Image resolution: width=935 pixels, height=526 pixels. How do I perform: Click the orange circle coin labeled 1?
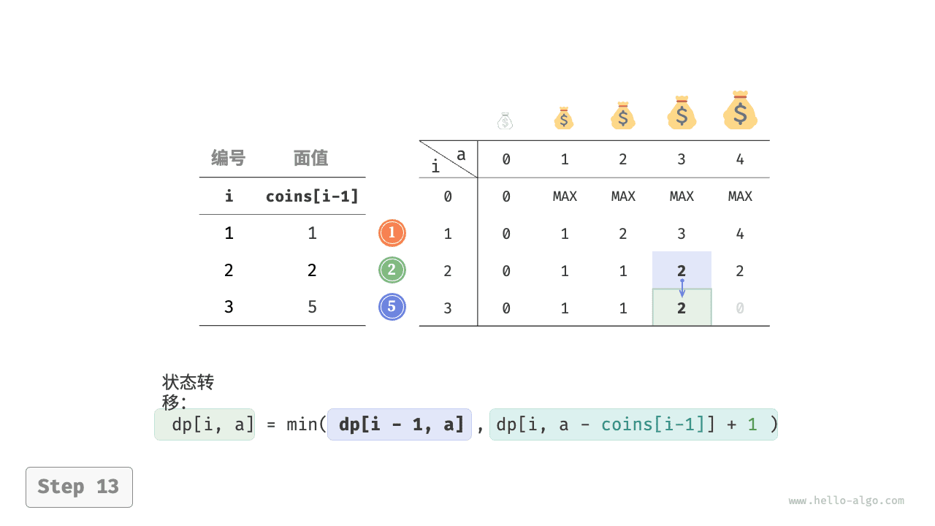[392, 233]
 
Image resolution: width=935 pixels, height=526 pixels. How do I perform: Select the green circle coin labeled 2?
[392, 270]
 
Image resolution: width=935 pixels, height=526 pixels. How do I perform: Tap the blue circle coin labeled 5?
[392, 307]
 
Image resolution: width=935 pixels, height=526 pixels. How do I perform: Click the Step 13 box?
[79, 487]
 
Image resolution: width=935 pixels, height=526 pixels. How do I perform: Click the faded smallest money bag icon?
[505, 121]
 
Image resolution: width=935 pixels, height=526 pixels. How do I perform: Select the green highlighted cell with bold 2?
[682, 308]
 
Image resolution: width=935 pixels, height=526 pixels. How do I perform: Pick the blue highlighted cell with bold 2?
[682, 270]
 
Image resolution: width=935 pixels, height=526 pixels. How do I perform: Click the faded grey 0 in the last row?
[740, 308]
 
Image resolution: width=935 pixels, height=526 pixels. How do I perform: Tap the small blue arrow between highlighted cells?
[682, 288]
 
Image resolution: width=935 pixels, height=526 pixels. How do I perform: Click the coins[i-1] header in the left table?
[312, 196]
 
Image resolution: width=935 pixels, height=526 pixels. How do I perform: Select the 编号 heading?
[229, 158]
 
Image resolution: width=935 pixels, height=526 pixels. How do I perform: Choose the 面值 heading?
[311, 158]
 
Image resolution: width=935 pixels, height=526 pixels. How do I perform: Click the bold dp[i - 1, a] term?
[400, 424]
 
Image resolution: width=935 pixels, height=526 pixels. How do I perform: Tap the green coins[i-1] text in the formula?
[657, 424]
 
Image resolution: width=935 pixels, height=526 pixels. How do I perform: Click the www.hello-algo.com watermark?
[846, 501]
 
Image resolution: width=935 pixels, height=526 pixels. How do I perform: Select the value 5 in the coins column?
[312, 307]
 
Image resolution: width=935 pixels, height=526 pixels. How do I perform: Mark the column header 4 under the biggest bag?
[740, 159]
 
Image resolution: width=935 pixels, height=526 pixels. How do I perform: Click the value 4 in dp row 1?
[740, 234]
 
